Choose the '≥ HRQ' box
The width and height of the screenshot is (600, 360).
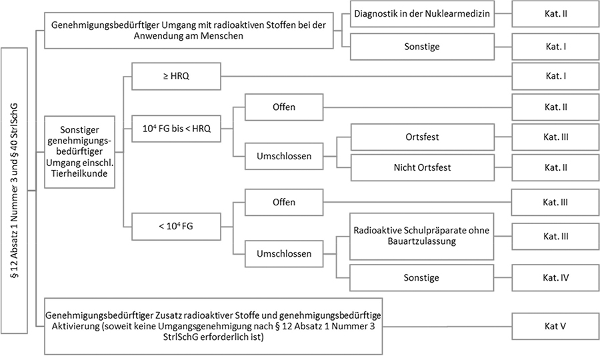[x=175, y=76]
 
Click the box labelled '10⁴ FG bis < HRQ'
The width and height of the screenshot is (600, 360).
[x=175, y=129]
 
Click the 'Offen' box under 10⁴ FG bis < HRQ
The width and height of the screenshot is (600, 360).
[x=284, y=107]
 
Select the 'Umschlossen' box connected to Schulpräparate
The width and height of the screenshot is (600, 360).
[x=284, y=253]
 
